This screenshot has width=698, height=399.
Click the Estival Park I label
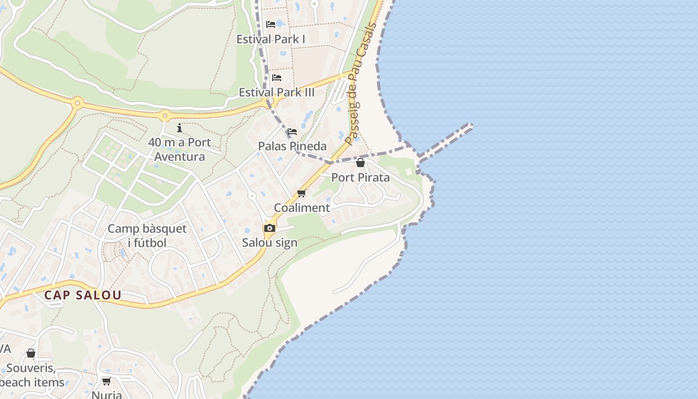[x=271, y=39]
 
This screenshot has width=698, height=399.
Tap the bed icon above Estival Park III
[x=277, y=77]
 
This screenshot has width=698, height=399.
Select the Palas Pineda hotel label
[x=292, y=146]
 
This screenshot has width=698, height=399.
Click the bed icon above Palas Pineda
[x=292, y=132]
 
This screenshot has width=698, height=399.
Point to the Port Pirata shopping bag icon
[x=360, y=163]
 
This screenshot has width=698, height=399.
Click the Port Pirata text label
[x=360, y=178]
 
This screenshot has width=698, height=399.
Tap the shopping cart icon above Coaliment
[x=301, y=193]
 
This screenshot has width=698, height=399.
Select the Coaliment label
[x=302, y=207]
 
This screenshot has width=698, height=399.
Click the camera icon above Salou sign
[x=270, y=228]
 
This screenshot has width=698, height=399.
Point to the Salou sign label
[x=270, y=243]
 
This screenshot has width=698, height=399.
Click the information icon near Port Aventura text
[x=179, y=128]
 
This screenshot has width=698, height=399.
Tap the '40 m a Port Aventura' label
[x=179, y=150]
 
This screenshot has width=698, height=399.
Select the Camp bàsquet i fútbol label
[x=147, y=236]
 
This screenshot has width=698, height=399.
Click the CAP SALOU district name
[x=83, y=295]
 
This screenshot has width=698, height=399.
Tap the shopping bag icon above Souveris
[x=31, y=353]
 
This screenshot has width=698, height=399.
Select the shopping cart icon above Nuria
[x=106, y=382]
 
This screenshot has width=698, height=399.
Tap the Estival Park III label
[x=277, y=92]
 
